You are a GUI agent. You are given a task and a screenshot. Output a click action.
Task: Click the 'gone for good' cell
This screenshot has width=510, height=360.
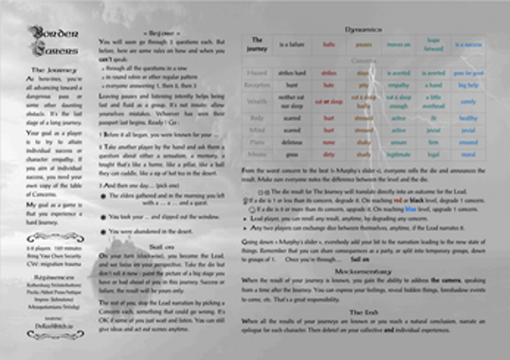pos(472,73)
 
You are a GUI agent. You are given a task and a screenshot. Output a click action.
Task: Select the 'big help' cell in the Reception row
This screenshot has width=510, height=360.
pos(472,85)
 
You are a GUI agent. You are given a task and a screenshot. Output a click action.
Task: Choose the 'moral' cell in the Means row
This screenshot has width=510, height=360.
pos(472,154)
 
